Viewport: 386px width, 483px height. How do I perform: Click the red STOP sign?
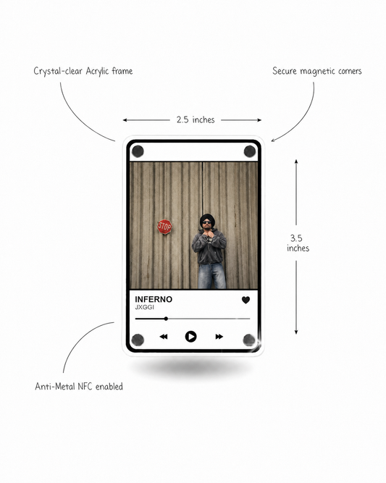(164, 227)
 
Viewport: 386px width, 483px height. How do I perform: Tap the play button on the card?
(190, 337)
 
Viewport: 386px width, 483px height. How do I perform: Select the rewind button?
(164, 337)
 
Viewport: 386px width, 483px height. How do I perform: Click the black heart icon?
(246, 300)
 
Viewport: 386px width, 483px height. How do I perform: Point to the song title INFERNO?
(154, 299)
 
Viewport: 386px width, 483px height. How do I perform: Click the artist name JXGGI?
(145, 308)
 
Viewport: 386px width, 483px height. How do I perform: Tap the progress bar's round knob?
(166, 319)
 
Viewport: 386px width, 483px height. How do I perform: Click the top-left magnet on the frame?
(138, 151)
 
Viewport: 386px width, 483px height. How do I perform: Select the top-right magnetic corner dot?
(250, 151)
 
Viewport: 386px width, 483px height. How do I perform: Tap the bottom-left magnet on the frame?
(138, 340)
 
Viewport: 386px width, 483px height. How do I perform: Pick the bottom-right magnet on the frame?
(249, 340)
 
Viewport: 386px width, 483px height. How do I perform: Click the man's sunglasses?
(206, 222)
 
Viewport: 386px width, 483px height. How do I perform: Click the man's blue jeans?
(212, 276)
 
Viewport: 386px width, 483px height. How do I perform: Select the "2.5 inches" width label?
(196, 119)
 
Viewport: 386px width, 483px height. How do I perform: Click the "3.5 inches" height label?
(298, 243)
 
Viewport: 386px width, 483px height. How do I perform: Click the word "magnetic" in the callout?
(317, 72)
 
